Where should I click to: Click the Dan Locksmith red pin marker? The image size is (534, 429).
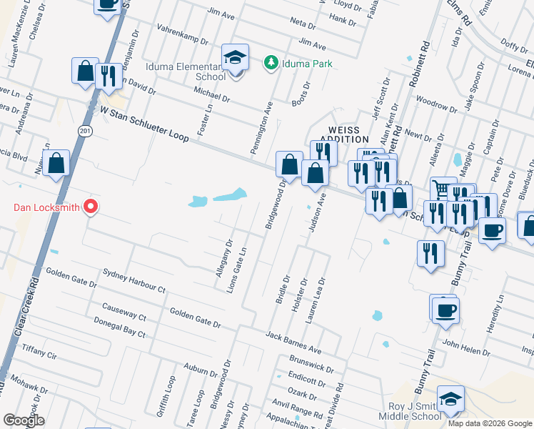click(x=91, y=207)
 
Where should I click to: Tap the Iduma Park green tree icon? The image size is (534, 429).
click(x=271, y=64)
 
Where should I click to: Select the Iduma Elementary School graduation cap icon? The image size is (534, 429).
click(x=234, y=59)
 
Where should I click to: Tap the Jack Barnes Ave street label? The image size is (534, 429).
click(x=293, y=343)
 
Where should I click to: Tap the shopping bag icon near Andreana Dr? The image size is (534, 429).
click(x=56, y=164)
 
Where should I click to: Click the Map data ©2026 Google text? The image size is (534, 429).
click(x=489, y=423)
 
